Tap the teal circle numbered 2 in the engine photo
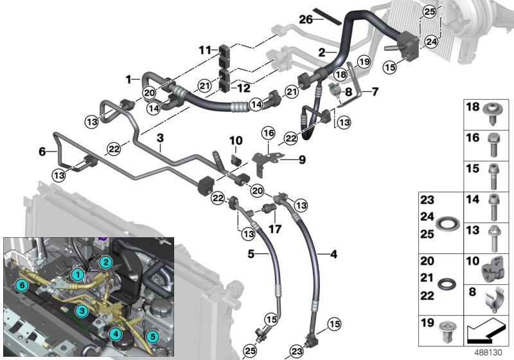click(107, 262)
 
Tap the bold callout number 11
click(205, 50)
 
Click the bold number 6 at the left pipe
click(42, 152)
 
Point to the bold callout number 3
click(161, 138)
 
